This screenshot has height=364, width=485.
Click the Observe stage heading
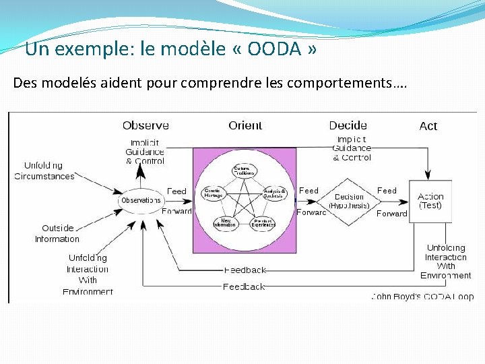pyautogui.click(x=145, y=125)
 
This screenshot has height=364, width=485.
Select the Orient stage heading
pyautogui.click(x=245, y=125)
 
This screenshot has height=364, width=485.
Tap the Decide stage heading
pyautogui.click(x=348, y=125)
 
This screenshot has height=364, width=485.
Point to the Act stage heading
pyautogui.click(x=428, y=126)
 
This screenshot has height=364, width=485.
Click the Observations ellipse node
pyautogui.click(x=141, y=200)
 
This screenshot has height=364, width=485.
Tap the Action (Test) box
pyautogui.click(x=430, y=200)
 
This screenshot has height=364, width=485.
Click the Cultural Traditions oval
pyautogui.click(x=245, y=171)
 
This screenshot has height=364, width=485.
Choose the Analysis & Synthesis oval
pyautogui.click(x=275, y=193)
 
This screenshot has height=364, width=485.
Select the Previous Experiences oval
pyautogui.click(x=263, y=222)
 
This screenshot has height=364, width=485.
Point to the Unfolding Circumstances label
pyautogui.click(x=44, y=171)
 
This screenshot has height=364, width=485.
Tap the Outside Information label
pyautogui.click(x=57, y=233)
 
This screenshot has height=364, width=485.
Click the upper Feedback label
pyautogui.click(x=245, y=270)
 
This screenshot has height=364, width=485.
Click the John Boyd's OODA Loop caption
pyautogui.click(x=422, y=297)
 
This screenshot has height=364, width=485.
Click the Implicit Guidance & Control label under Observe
pyautogui.click(x=145, y=152)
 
